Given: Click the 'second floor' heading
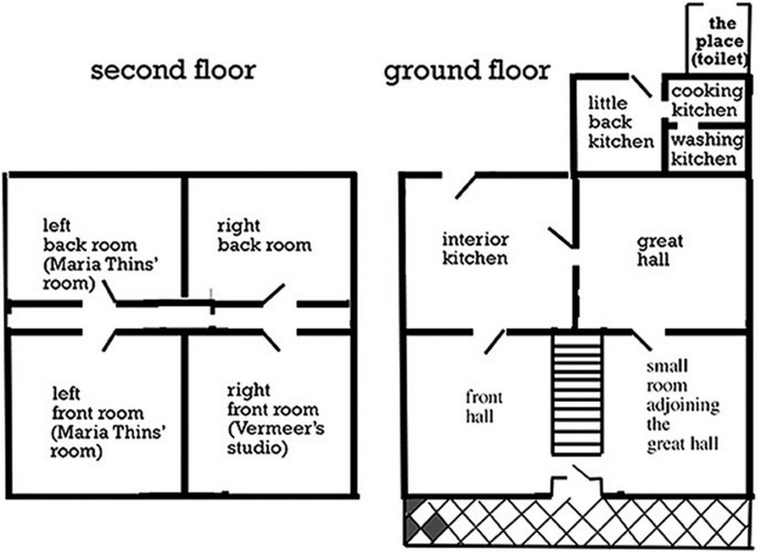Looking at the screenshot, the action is (173, 70).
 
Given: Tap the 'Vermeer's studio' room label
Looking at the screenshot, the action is (275, 419).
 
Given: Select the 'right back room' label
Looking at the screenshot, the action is (264, 236).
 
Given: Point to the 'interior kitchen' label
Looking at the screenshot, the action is (475, 249).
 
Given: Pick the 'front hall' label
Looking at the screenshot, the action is (484, 407).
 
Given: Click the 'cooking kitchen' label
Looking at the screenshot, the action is (707, 101).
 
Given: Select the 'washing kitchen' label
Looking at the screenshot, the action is (707, 149).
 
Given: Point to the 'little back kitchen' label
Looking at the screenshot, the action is (621, 122).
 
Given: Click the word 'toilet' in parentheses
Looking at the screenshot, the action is (719, 60).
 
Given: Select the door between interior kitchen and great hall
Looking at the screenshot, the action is (560, 237).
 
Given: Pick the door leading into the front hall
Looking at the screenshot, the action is (495, 342).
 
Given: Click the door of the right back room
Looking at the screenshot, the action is (274, 294).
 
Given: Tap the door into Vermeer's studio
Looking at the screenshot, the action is (271, 341).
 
